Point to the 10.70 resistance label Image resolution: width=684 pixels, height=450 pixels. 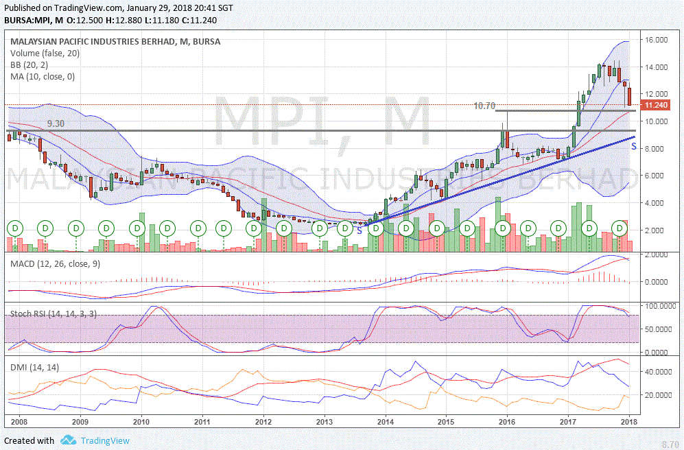tap(484, 106)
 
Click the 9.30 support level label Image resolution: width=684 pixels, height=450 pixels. tap(56, 123)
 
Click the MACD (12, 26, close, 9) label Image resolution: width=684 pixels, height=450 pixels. tap(55, 264)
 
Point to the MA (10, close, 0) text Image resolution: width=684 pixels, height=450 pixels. tap(43, 76)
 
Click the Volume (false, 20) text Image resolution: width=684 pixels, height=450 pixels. tap(45, 53)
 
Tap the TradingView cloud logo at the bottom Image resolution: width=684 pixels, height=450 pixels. tap(68, 440)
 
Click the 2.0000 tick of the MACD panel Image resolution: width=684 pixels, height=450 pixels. tap(657, 255)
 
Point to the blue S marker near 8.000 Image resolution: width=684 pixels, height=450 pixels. tap(634, 146)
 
